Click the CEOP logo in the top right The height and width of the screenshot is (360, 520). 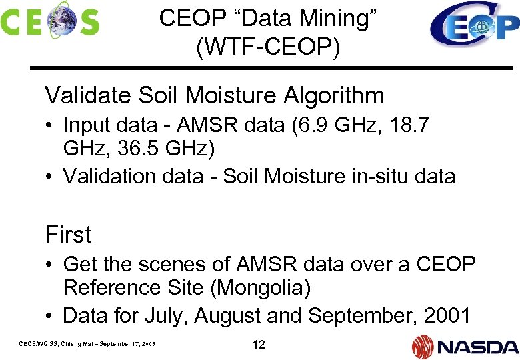click(474, 25)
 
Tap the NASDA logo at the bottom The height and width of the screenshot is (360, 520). click(465, 346)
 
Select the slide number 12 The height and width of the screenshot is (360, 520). click(259, 345)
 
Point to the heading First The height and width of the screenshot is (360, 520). click(68, 235)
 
